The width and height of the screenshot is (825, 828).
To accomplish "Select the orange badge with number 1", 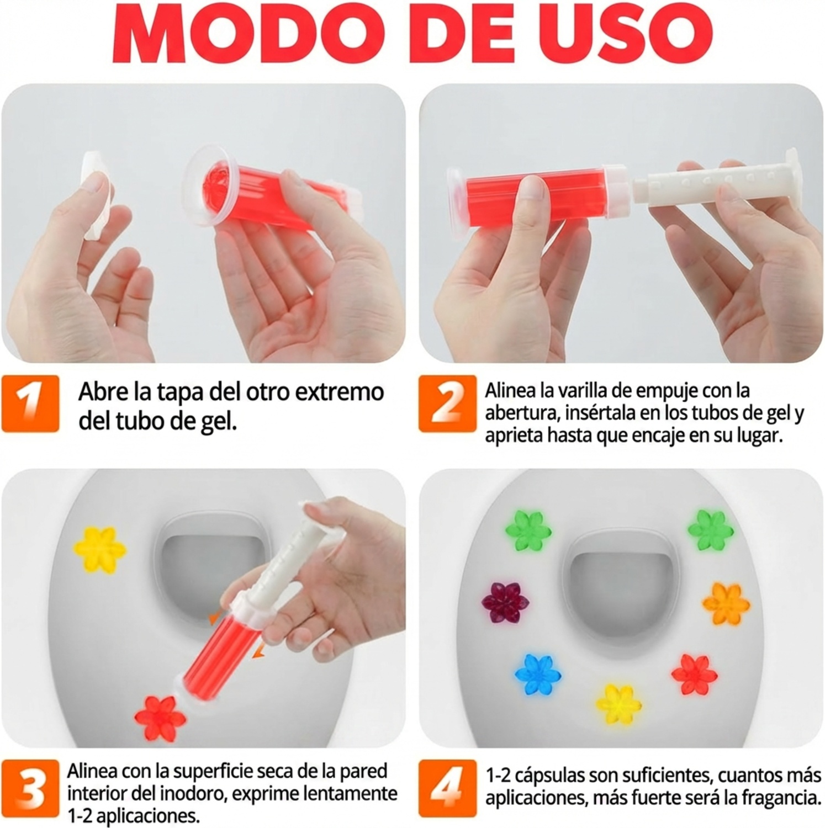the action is pos(30,404).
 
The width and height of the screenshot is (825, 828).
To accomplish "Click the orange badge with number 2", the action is pos(447,404).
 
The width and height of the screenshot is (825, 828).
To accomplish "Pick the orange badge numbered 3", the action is pos(30,790).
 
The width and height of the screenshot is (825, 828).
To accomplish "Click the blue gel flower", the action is pos(538,675).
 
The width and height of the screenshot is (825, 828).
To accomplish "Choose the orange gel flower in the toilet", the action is pos(726,603).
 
